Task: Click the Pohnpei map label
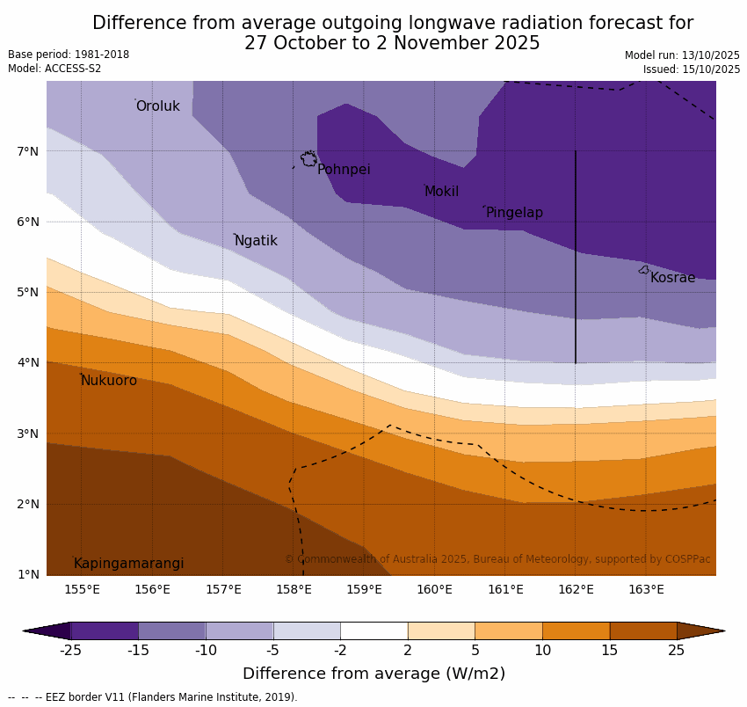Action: coord(344,170)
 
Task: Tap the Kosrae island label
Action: coord(672,278)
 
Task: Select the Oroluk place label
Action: coord(158,106)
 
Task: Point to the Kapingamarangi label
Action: coord(129,564)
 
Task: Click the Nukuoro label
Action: coord(109,381)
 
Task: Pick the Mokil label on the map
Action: coord(441,192)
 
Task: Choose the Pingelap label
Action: coord(514,213)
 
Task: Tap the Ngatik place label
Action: coord(256,241)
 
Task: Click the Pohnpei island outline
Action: coord(308,159)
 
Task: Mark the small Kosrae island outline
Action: coord(644,270)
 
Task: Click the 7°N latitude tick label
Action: coord(28,151)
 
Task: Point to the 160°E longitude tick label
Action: coord(434,589)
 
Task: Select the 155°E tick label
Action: coord(82,589)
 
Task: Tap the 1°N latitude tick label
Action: coord(28,575)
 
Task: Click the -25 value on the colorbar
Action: coord(70,651)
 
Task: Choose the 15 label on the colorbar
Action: coord(610,651)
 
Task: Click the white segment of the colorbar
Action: coord(373,630)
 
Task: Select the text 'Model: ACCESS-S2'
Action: coord(54,69)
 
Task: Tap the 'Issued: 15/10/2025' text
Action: coord(691,69)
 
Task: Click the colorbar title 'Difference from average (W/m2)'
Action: coord(373,674)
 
